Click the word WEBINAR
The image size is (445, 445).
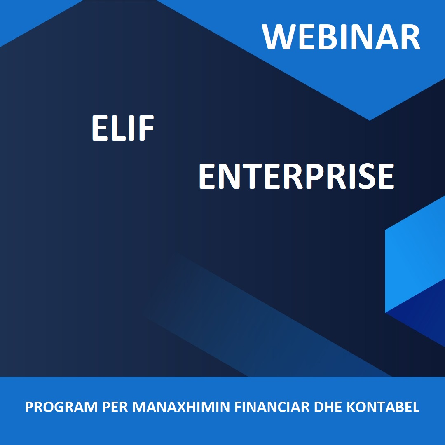coord(341,37)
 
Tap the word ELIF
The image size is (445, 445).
coord(123,128)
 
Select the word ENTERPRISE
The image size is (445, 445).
coord(296,176)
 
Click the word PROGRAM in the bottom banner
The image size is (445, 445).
coord(61,407)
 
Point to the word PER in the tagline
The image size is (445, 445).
coord(115,407)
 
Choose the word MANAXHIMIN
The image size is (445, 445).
coord(181,407)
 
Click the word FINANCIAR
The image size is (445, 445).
coord(272,407)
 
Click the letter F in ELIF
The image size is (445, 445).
coord(146,128)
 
